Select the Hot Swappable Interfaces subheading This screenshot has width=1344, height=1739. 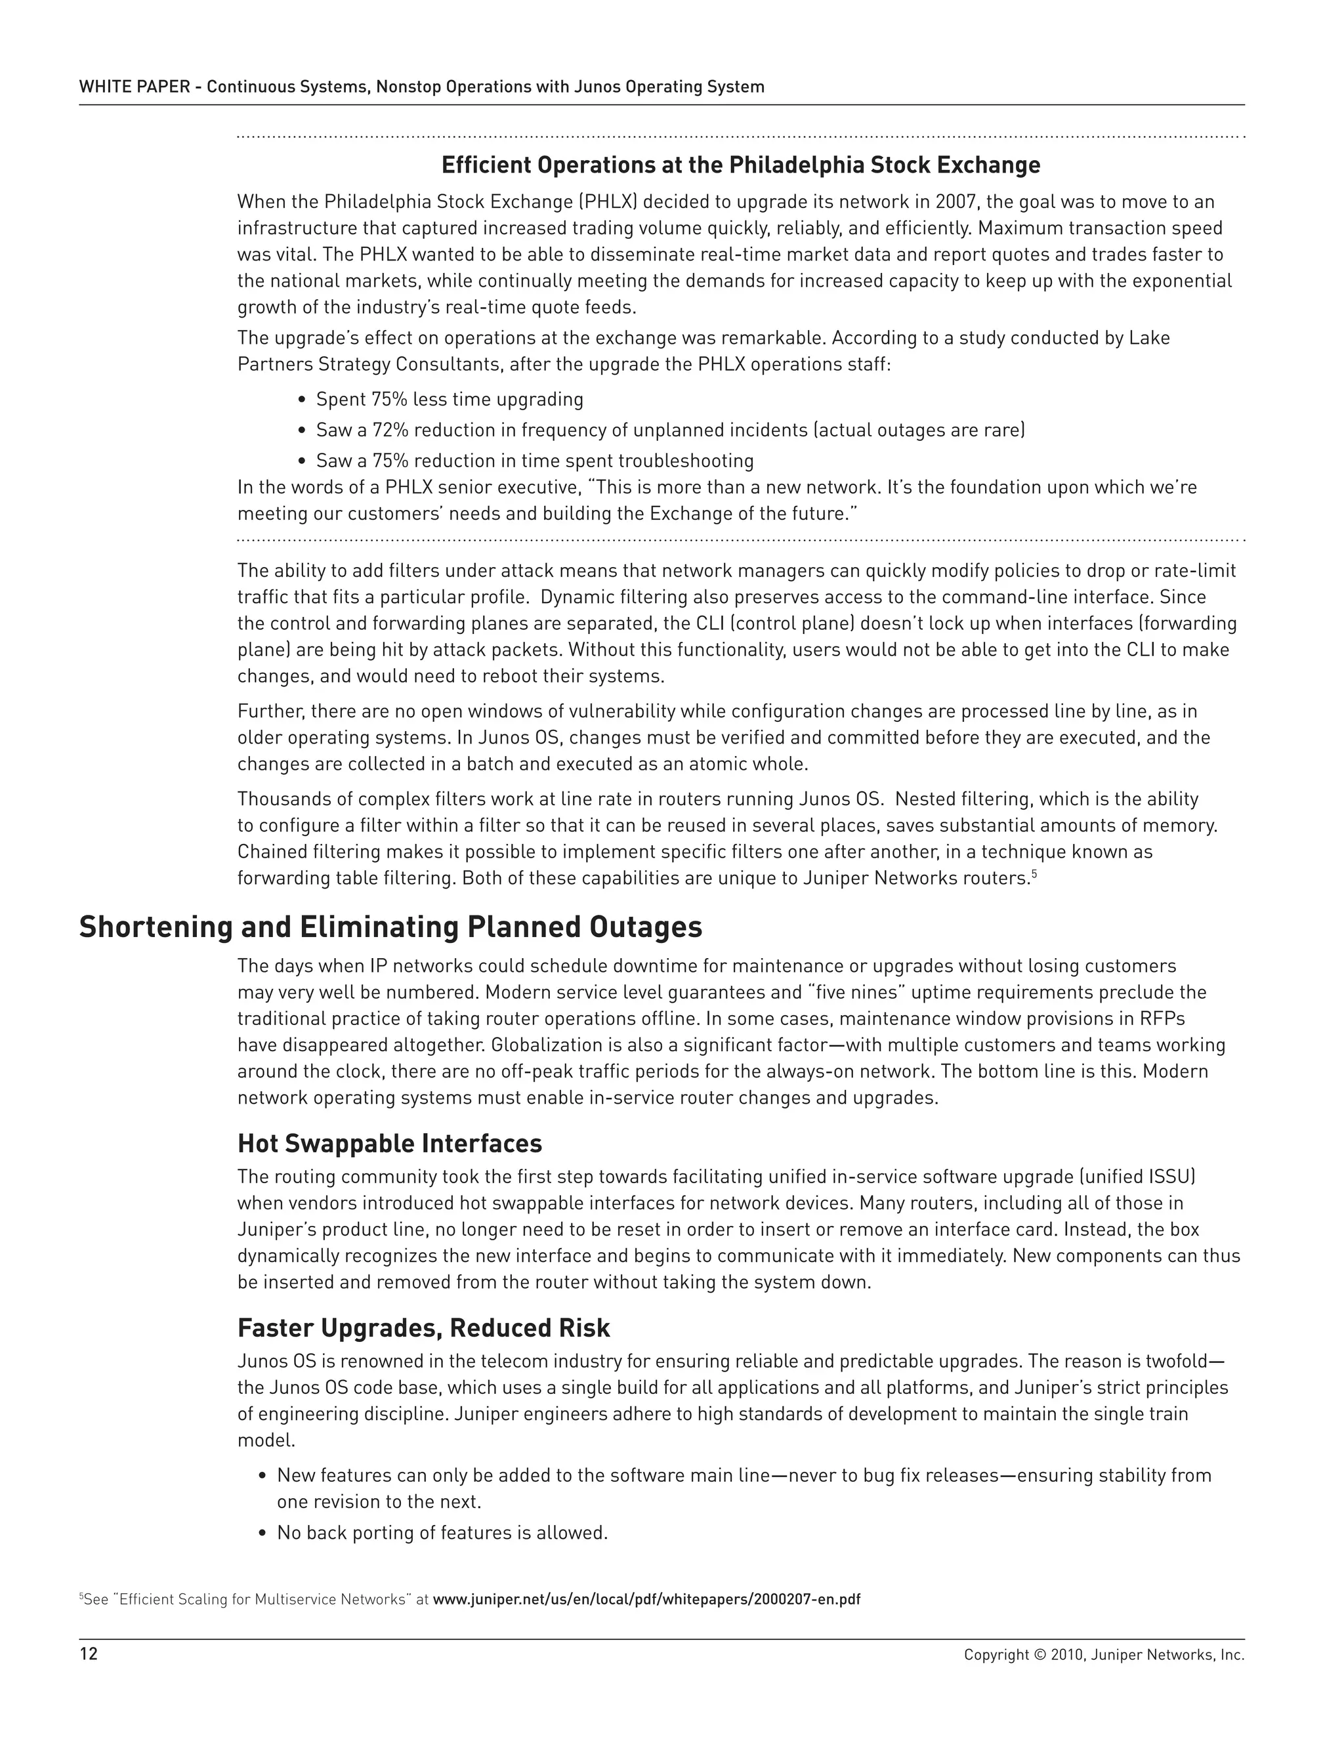tap(389, 1143)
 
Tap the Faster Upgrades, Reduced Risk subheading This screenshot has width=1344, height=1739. tap(423, 1328)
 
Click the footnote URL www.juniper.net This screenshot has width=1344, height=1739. tap(646, 1599)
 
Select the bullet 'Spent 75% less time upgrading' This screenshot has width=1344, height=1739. tap(449, 399)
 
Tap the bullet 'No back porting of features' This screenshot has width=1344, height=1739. tap(442, 1533)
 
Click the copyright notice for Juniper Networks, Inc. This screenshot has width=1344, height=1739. tap(1102, 1654)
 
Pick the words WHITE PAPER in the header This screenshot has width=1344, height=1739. tap(134, 87)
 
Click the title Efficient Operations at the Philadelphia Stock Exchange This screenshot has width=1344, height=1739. tap(740, 165)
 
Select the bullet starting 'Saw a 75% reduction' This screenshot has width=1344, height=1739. tap(534, 460)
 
